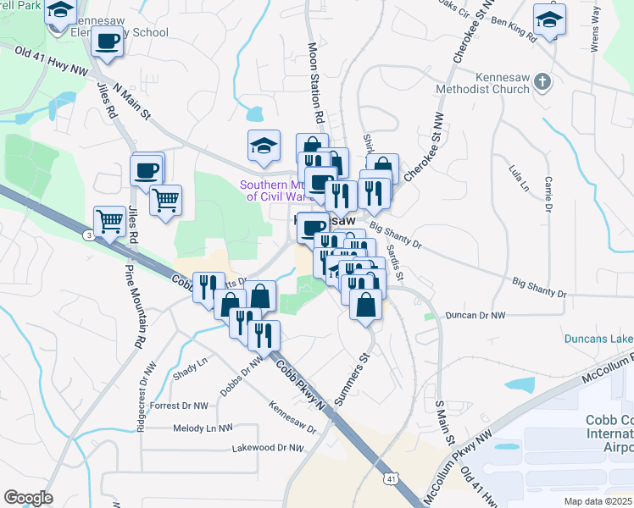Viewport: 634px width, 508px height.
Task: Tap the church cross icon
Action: (x=544, y=82)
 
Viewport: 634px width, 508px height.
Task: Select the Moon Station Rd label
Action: (x=316, y=82)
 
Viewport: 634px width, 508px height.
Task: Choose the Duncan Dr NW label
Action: (x=475, y=315)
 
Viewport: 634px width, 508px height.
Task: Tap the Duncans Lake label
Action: (x=598, y=340)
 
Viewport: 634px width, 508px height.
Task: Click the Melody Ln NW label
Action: (x=202, y=428)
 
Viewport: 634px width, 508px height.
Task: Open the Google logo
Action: (x=28, y=498)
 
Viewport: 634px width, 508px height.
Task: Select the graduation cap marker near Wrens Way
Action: (x=549, y=19)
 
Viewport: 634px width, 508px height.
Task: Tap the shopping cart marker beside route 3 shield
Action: (x=110, y=222)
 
